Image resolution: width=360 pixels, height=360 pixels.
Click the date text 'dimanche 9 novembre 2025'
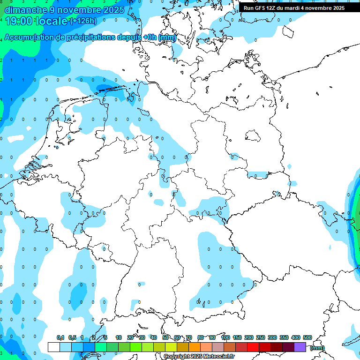pyautogui.click(x=64, y=9)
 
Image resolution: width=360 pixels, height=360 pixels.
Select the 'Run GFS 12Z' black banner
pyautogui.click(x=294, y=7)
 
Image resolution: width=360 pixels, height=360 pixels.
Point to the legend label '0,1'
pyautogui.click(x=60, y=337)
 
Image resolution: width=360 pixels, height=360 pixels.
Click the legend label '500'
pyautogui.click(x=307, y=337)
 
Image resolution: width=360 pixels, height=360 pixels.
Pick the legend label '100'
pyautogui.click(x=225, y=337)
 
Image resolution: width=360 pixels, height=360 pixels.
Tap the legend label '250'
pyautogui.click(x=261, y=337)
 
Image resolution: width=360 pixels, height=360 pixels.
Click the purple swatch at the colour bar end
pyautogui.click(x=300, y=347)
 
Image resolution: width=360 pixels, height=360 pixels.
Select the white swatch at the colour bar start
pyautogui.click(x=53, y=347)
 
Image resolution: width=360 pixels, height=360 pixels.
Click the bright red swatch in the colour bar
pyautogui.click(x=253, y=347)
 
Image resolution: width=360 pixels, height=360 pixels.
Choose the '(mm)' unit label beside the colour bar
pyautogui.click(x=317, y=348)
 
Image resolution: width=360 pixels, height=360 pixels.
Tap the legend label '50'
pyautogui.click(x=165, y=337)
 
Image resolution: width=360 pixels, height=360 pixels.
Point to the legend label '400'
pyautogui.click(x=295, y=337)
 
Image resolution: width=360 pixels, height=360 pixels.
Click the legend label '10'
pyautogui.click(x=119, y=337)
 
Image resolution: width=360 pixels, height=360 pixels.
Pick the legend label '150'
pyautogui.click(x=237, y=337)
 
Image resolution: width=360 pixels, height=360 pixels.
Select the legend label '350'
pyautogui.click(x=284, y=337)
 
